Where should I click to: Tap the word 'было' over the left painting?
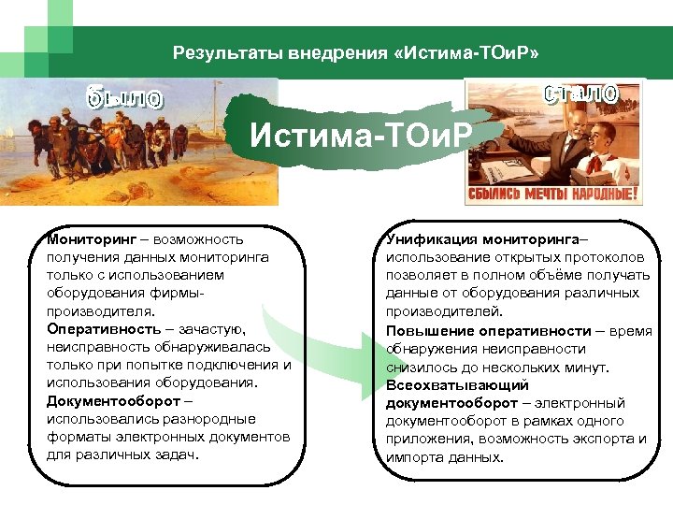124,97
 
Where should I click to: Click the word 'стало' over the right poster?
580,94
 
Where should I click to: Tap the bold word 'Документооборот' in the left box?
113,400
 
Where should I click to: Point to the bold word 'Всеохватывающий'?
444,384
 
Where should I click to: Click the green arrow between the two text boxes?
318,346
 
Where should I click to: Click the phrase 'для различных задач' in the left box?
122,454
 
